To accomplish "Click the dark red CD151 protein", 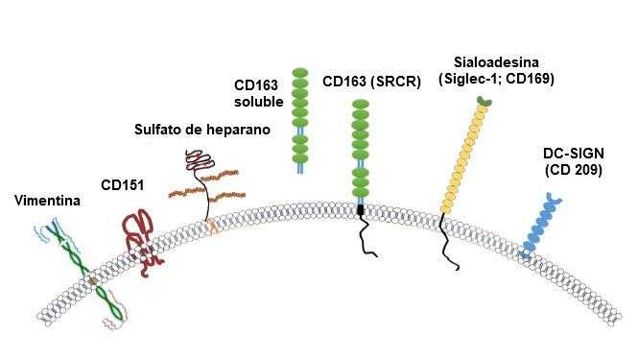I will (x=140, y=235).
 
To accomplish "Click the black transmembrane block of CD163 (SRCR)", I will (x=362, y=209).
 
